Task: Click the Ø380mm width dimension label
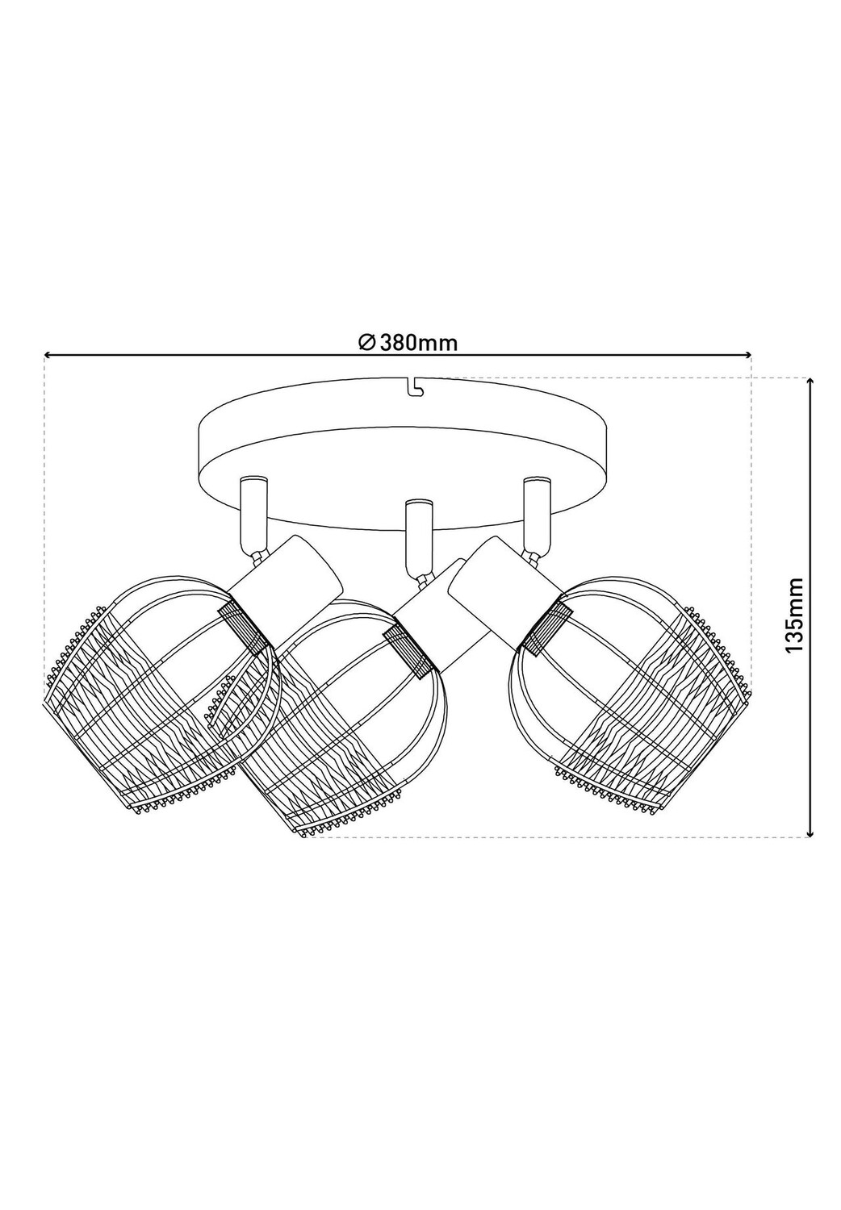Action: pos(408,343)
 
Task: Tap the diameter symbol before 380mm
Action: pos(366,343)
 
